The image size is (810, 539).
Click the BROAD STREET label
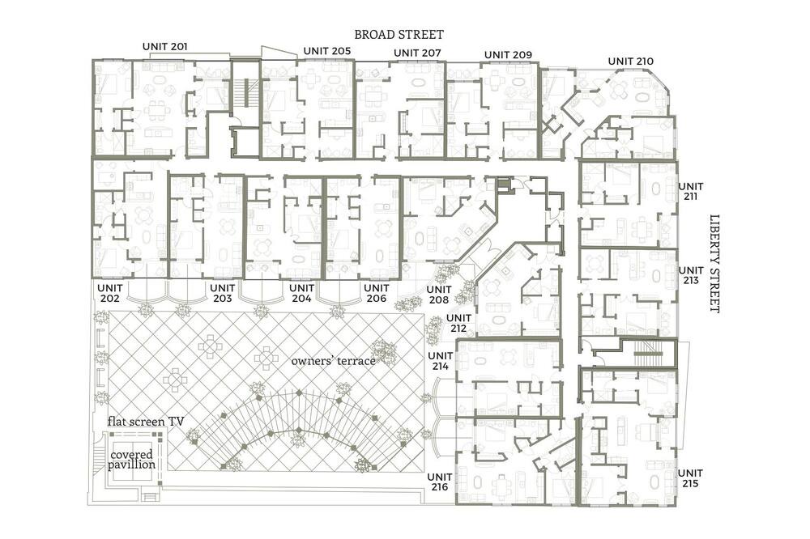click(399, 35)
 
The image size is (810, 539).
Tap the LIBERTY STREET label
click(714, 263)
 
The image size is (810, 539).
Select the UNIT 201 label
click(164, 46)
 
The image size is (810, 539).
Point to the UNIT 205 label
click(327, 51)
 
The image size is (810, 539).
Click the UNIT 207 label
click(417, 53)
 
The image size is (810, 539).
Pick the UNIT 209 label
click(509, 55)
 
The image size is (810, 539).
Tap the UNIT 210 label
click(631, 61)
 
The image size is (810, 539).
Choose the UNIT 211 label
click(691, 191)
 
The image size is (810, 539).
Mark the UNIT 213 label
click(691, 275)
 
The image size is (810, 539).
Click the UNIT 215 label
click(690, 478)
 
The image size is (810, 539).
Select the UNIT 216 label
click(440, 482)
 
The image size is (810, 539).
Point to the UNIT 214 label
click(440, 361)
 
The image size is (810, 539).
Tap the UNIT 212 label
click(458, 323)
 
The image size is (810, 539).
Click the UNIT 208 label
click(439, 295)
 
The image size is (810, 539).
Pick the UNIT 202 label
click(110, 293)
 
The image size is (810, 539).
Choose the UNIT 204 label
click(301, 293)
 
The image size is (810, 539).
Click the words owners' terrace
click(333, 361)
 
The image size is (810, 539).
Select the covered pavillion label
click(132, 460)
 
